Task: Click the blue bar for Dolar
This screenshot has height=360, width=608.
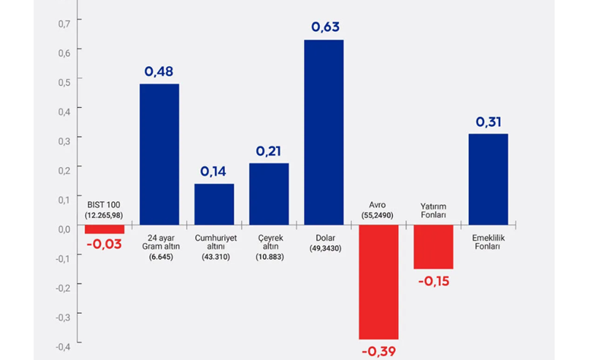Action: pyautogui.click(x=324, y=132)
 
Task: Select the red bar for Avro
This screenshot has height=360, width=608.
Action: pyautogui.click(x=378, y=282)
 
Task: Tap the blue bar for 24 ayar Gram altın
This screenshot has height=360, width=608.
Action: pyautogui.click(x=160, y=154)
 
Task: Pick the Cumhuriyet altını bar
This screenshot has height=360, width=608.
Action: pyautogui.click(x=214, y=204)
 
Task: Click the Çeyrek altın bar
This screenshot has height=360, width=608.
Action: pyautogui.click(x=269, y=194)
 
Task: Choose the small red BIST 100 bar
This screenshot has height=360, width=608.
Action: pyautogui.click(x=104, y=229)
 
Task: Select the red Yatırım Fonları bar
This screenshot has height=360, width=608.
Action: pyautogui.click(x=433, y=247)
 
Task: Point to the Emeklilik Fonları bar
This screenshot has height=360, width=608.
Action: pyautogui.click(x=488, y=179)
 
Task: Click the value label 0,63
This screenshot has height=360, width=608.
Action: pyautogui.click(x=325, y=27)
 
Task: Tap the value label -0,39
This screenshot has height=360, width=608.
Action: pyautogui.click(x=378, y=352)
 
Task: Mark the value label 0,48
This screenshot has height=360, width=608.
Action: pyautogui.click(x=159, y=71)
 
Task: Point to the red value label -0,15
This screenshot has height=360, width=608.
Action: pyautogui.click(x=433, y=281)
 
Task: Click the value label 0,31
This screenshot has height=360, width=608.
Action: pyautogui.click(x=488, y=122)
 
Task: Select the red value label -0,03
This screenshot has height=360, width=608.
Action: pyautogui.click(x=104, y=244)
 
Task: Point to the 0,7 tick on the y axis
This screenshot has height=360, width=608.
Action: pyautogui.click(x=65, y=24)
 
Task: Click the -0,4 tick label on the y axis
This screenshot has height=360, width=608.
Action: pyautogui.click(x=63, y=347)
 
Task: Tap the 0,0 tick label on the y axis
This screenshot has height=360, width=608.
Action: pyautogui.click(x=65, y=229)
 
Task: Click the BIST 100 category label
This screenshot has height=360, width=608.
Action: pyautogui.click(x=103, y=204)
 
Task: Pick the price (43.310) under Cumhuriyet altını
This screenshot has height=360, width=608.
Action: pyautogui.click(x=216, y=257)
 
